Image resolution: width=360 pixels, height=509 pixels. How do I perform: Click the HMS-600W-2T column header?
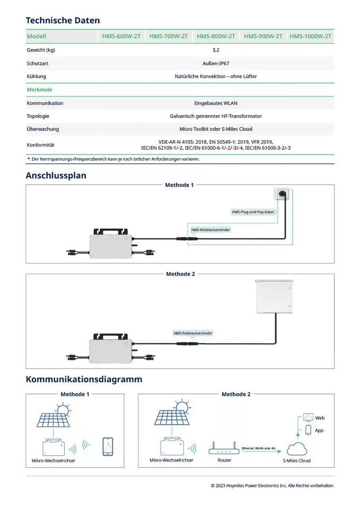tap(121, 37)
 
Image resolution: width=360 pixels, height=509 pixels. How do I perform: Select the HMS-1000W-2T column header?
tap(311, 37)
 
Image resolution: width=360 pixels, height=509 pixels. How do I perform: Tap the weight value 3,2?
tap(216, 50)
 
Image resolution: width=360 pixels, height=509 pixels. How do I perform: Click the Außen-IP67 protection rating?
tap(216, 63)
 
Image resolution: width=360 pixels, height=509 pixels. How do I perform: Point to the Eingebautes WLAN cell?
tap(216, 103)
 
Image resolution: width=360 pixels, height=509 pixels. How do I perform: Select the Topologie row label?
tap(38, 116)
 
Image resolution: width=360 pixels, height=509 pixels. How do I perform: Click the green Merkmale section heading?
tap(39, 90)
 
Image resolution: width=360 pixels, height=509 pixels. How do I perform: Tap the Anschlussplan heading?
tap(56, 175)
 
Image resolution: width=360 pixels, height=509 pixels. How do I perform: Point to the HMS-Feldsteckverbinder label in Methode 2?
tap(193, 333)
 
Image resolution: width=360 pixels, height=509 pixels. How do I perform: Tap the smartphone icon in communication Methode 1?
tap(108, 446)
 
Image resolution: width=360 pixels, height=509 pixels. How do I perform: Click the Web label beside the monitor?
tap(319, 418)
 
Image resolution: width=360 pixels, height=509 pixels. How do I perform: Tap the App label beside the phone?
tap(319, 431)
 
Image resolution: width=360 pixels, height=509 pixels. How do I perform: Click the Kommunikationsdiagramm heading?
tap(84, 380)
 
